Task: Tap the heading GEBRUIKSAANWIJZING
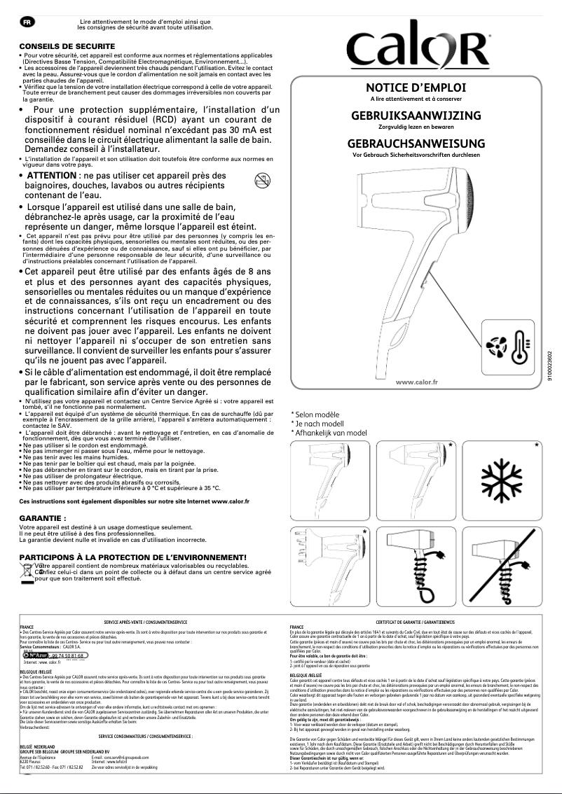[x=416, y=116]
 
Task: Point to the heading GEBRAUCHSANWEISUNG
[x=416, y=143]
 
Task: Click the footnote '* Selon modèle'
[x=319, y=415]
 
